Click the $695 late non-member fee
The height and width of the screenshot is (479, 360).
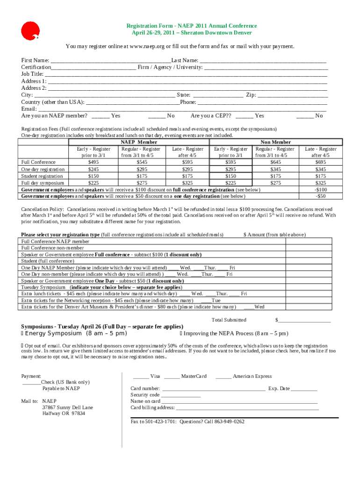(321, 162)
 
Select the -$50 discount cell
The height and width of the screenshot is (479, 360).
(321, 196)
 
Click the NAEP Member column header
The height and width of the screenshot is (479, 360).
(139, 142)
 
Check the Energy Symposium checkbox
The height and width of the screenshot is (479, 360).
(22, 334)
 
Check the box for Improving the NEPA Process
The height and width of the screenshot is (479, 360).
(181, 334)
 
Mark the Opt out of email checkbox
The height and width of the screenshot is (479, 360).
(22, 345)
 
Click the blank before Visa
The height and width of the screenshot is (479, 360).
(141, 377)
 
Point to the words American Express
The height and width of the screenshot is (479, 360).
(252, 376)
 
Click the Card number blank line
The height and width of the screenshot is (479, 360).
(213, 389)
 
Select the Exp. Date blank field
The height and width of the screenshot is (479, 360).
(304, 389)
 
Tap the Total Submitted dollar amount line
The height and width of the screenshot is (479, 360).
(304, 320)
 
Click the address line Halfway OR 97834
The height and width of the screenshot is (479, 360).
(64, 414)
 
